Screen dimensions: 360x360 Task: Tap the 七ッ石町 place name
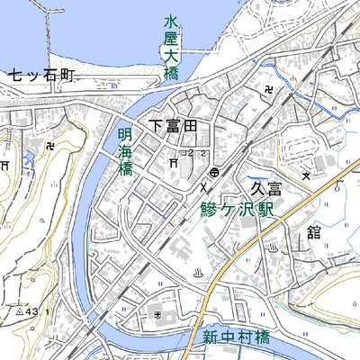point(40,76)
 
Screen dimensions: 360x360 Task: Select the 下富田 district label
point(173,128)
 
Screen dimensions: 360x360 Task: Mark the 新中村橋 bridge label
point(236,338)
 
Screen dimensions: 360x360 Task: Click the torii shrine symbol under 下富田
point(173,163)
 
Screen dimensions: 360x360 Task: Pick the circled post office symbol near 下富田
point(214,171)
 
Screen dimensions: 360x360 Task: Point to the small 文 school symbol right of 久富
point(307,175)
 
